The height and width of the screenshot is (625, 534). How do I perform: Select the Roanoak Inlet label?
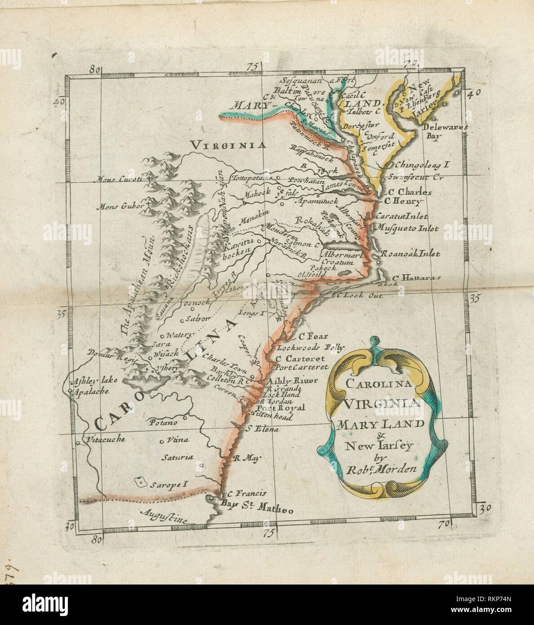click(x=410, y=254)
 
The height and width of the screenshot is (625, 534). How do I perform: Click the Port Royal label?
click(x=286, y=407)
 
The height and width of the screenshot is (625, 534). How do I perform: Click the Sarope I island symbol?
click(x=142, y=483)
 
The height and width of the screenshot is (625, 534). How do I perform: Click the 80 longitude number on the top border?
click(x=94, y=69)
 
